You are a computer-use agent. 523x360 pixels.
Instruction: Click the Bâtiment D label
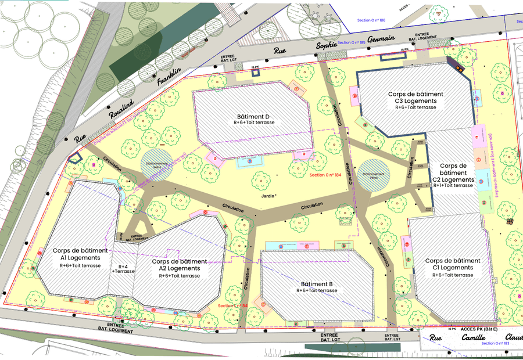pyautogui.click(x=253, y=116)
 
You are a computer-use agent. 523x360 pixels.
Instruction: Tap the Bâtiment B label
pyautogui.click(x=316, y=283)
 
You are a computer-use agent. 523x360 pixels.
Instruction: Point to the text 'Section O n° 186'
pyautogui.click(x=371, y=20)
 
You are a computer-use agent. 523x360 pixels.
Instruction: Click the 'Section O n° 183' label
pyautogui.click(x=496, y=344)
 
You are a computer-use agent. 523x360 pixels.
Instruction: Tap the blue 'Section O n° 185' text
pyautogui.click(x=351, y=42)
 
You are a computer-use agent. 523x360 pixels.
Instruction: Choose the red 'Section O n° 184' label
pyautogui.click(x=325, y=175)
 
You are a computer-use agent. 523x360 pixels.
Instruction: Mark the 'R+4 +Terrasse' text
pyautogui.click(x=123, y=268)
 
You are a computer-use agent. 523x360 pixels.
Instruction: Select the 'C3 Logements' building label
pyautogui.click(x=415, y=100)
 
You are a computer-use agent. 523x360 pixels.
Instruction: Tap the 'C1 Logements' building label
pyautogui.click(x=452, y=268)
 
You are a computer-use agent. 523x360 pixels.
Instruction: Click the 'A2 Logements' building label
pyautogui.click(x=179, y=268)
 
